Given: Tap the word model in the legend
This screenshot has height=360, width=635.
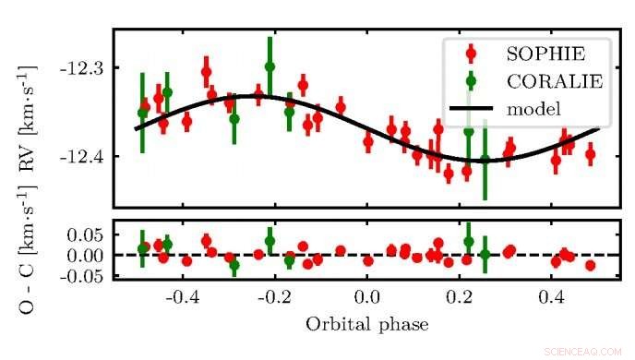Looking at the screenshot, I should (534, 109).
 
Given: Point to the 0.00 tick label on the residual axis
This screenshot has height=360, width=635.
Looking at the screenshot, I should (83, 254).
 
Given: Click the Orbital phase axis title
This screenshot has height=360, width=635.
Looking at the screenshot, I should (367, 324).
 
